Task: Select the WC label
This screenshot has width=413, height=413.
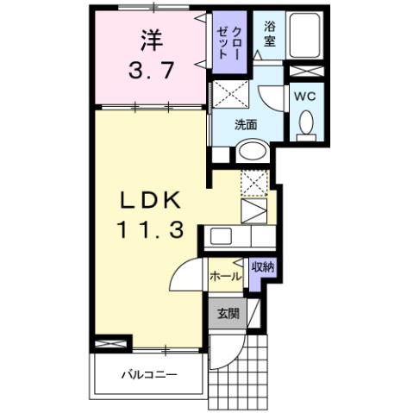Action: (306, 97)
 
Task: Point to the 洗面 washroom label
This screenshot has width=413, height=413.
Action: (247, 123)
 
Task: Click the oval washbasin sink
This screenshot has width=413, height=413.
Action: (253, 152)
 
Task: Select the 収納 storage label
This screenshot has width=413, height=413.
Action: (263, 268)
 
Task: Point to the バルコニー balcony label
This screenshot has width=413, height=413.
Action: (148, 375)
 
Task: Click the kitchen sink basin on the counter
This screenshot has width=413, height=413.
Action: (219, 235)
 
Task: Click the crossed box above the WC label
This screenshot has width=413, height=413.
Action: (305, 72)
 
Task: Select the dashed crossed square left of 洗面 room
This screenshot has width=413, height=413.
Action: (228, 93)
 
